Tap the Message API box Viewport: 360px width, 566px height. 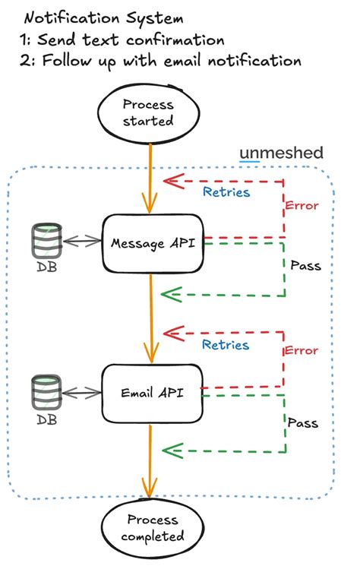click(x=153, y=243)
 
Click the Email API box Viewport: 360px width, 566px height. click(x=153, y=393)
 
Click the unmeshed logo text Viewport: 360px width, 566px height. click(x=282, y=153)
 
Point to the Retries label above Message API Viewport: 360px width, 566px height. click(x=226, y=192)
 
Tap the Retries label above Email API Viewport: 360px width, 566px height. click(x=226, y=345)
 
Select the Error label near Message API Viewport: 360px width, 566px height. click(x=302, y=206)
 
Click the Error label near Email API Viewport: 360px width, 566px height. click(x=302, y=350)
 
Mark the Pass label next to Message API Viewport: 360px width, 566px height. click(x=305, y=266)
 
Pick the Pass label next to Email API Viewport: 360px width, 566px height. click(x=303, y=422)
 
